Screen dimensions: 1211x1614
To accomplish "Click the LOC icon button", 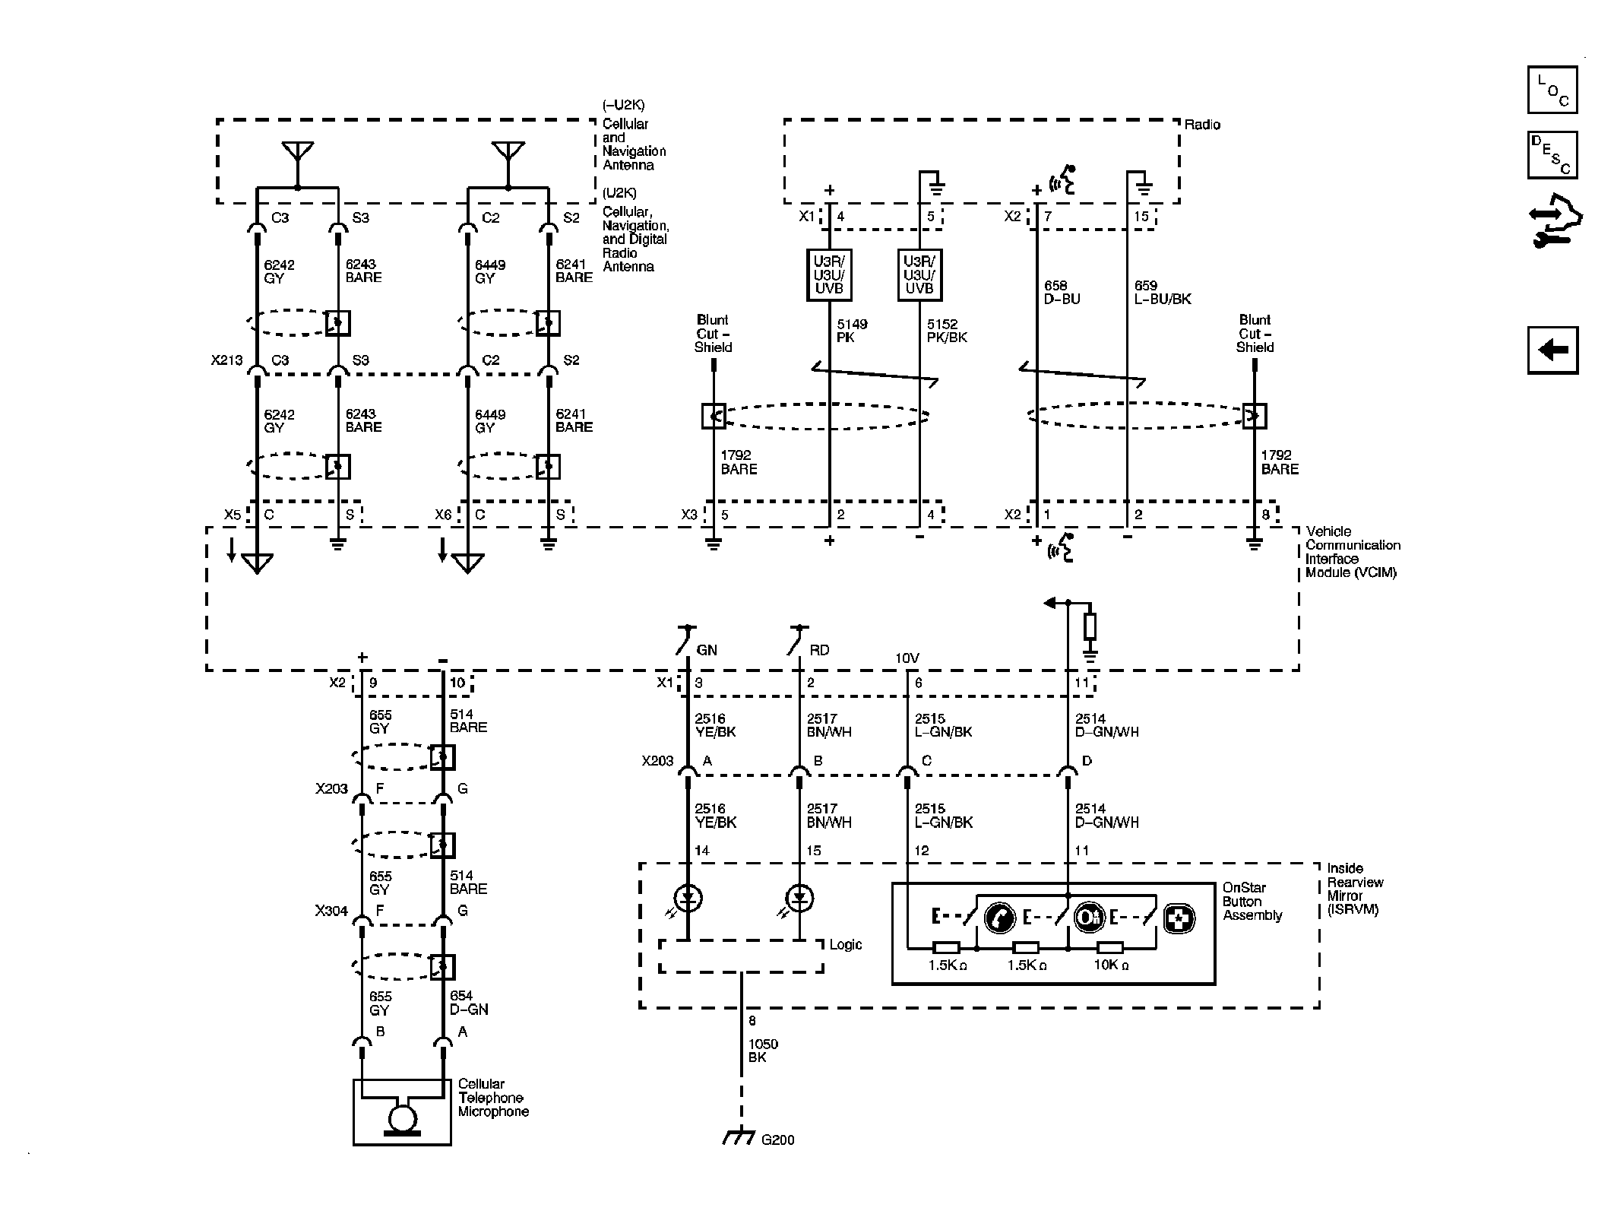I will [1552, 90].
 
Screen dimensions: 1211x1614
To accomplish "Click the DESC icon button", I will [1552, 155].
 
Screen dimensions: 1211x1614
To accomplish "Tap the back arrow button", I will [1552, 350].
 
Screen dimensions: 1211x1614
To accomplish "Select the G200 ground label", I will [777, 1161].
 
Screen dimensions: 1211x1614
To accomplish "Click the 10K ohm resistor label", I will [1110, 965].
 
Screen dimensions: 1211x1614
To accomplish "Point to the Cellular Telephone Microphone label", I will [492, 1098].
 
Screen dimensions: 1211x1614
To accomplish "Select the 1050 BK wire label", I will [763, 1051].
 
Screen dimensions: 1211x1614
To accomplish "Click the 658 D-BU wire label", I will [1061, 293].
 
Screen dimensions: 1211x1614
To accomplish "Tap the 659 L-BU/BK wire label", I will [1162, 293].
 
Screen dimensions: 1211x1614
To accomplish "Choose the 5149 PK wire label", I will [851, 331].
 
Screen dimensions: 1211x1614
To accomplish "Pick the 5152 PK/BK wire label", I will [946, 331].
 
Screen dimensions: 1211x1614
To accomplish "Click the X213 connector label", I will [226, 360].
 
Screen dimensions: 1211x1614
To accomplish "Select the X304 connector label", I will [331, 911].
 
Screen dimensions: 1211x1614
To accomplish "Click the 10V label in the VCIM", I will [907, 658].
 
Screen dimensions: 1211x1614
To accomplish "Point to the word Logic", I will [845, 945].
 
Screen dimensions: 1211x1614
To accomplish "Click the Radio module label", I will [1202, 125].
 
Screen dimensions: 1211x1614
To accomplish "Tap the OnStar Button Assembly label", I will [1252, 902].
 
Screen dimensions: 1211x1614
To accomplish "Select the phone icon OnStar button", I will [1000, 918].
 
